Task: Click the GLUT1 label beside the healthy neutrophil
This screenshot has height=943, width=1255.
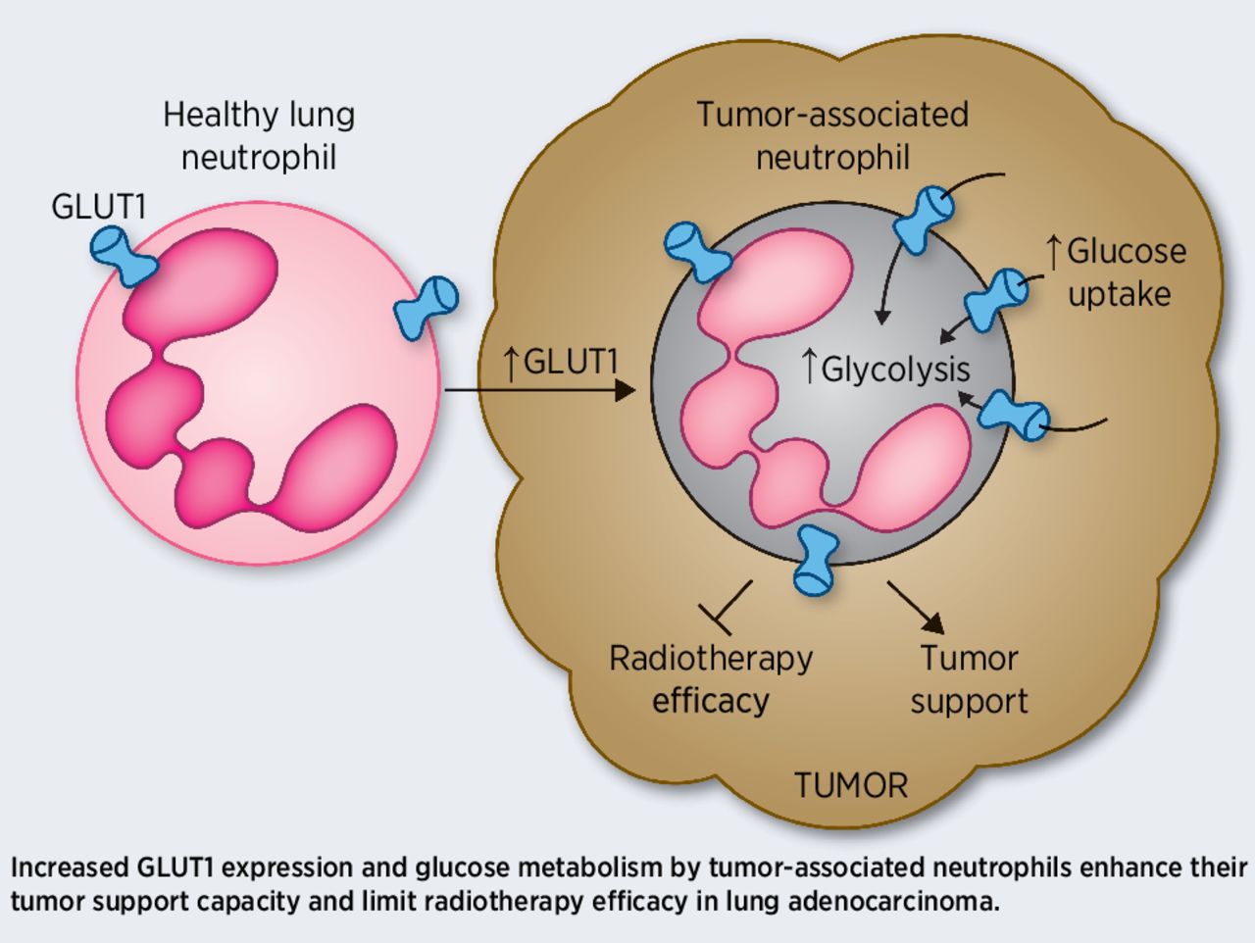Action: pos(98,207)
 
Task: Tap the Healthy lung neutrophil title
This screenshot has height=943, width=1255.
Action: pos(259,135)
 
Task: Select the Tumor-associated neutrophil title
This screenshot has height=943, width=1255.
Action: pos(832,135)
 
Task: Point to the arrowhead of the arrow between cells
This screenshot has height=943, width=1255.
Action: pos(625,391)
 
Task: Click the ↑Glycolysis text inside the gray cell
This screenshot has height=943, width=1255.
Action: pos(885,369)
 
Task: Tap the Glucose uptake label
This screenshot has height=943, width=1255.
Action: pos(1119,273)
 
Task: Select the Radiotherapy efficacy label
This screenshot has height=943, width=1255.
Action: pos(711,678)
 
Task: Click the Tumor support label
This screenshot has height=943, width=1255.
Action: pos(969,678)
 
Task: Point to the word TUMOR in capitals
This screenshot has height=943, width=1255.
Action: pos(850,785)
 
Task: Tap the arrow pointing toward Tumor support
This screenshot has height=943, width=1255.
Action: pos(917,609)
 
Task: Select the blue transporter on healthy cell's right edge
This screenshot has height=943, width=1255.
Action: pos(426,306)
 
